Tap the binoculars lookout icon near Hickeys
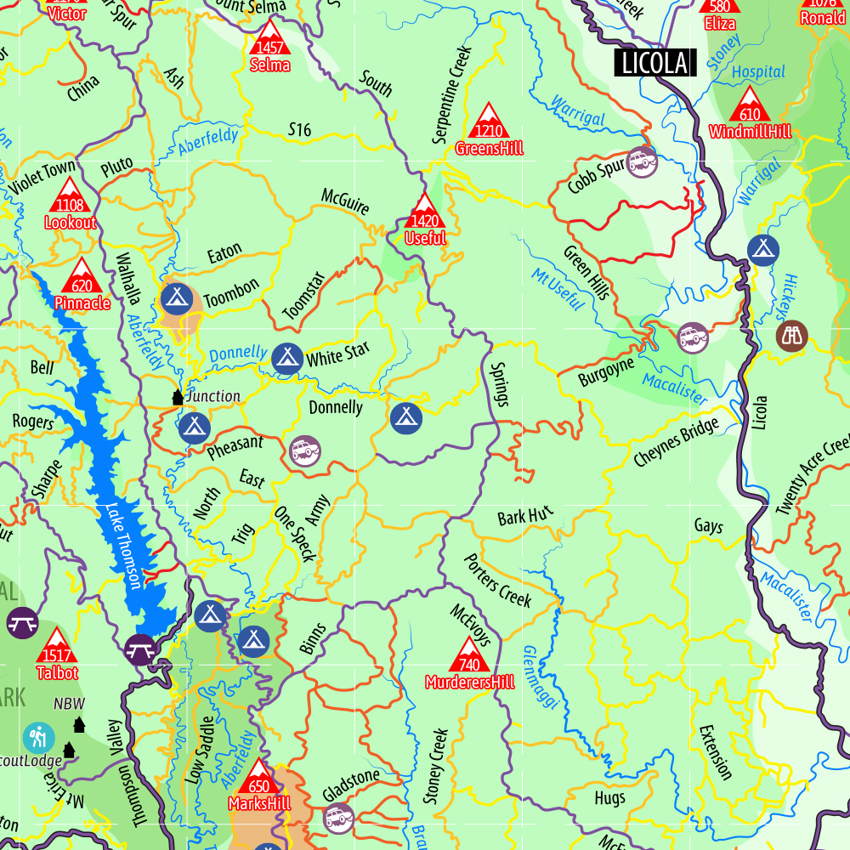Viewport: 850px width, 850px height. click(792, 335)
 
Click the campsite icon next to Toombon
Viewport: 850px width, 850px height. click(176, 297)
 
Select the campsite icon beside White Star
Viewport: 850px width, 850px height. click(287, 359)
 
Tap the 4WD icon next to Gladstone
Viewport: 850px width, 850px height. click(338, 819)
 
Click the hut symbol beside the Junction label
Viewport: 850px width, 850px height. click(178, 397)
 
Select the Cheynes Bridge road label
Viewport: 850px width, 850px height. click(676, 442)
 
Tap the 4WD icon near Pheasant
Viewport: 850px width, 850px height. click(305, 450)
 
